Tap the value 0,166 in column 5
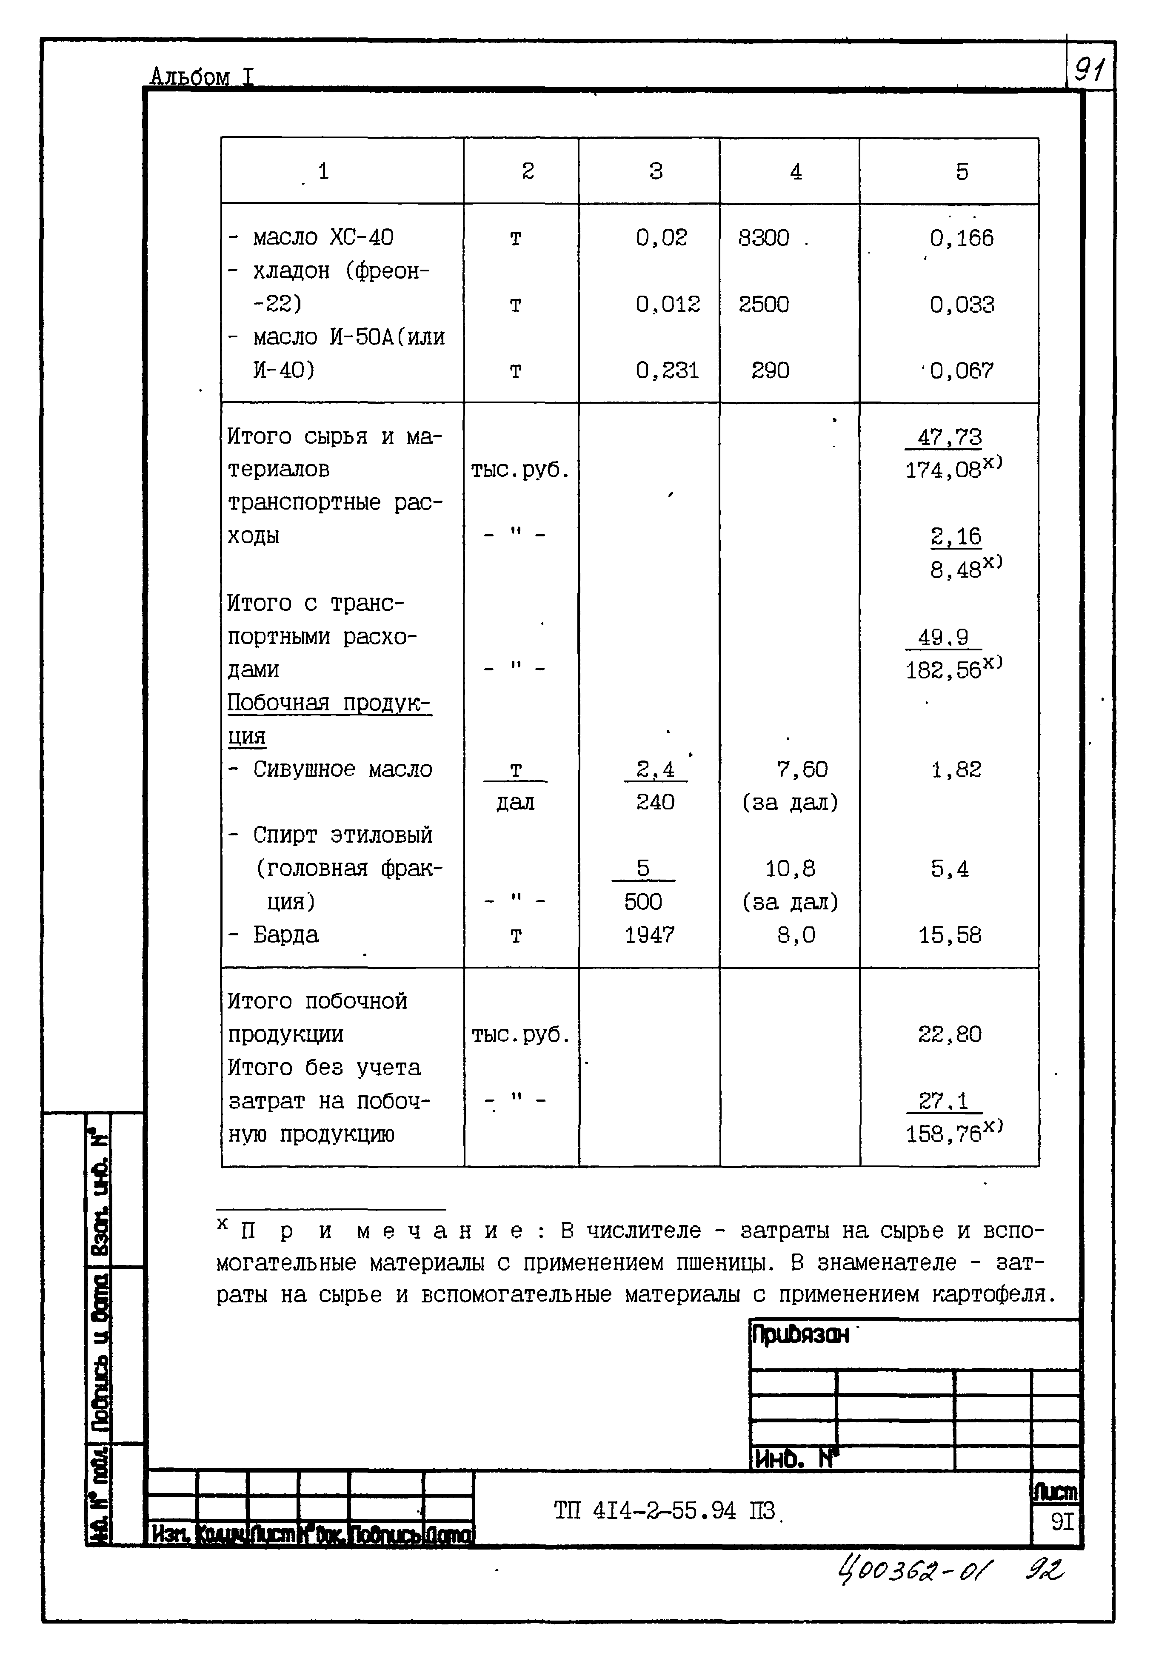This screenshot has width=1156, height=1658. pos(961,238)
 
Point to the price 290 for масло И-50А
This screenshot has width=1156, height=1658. pos(770,370)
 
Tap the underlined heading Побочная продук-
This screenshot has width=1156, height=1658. pos(329,703)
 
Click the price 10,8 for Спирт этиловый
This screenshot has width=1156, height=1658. pos(790,869)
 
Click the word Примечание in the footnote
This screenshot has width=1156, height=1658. pos(383,1231)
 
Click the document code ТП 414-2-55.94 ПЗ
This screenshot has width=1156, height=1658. pos(664,1510)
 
